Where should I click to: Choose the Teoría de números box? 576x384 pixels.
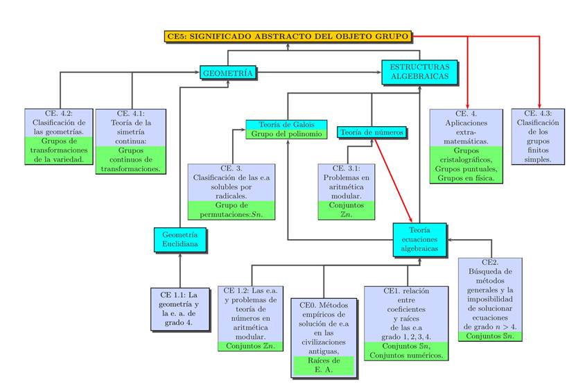coord(372,132)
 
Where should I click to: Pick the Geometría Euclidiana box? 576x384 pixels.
coord(180,239)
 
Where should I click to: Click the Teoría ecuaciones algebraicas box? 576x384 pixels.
coord(419,240)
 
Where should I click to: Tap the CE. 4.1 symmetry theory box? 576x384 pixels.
coord(131,127)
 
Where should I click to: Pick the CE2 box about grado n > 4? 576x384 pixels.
coord(490,295)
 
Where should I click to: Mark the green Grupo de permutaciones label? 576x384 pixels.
coord(231,209)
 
